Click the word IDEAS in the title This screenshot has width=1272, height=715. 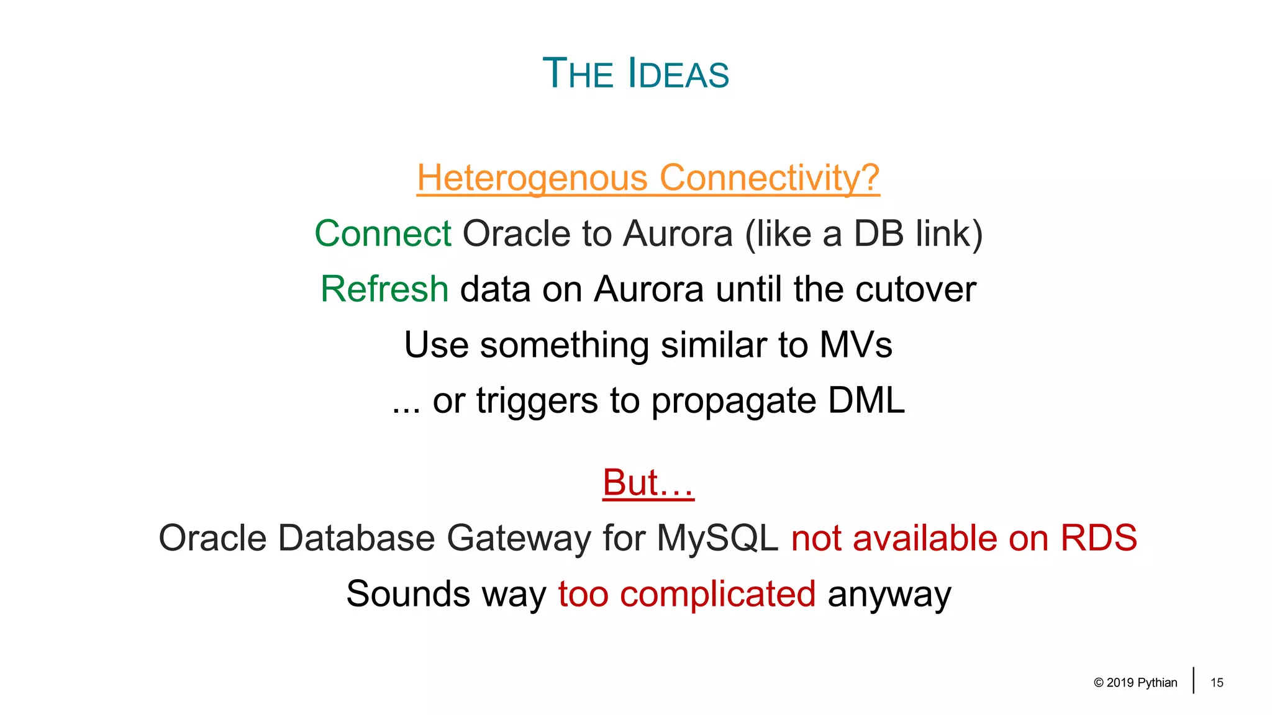click(678, 74)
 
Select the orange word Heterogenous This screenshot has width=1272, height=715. click(532, 178)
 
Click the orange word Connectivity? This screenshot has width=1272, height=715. click(769, 178)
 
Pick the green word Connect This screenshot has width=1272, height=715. click(383, 234)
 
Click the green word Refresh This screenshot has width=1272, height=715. click(384, 289)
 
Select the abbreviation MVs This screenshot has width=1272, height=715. click(855, 345)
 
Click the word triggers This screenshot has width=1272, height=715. click(537, 401)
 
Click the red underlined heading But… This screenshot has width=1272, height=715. click(648, 482)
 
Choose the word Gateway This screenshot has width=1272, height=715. click(519, 538)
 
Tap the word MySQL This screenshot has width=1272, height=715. click(717, 538)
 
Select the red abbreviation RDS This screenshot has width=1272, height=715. click(1098, 538)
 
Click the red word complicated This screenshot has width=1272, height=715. click(717, 594)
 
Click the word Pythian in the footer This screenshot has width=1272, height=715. click(1157, 683)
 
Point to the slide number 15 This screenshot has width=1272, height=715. click(1217, 683)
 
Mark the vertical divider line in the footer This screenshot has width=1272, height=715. click(1193, 680)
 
